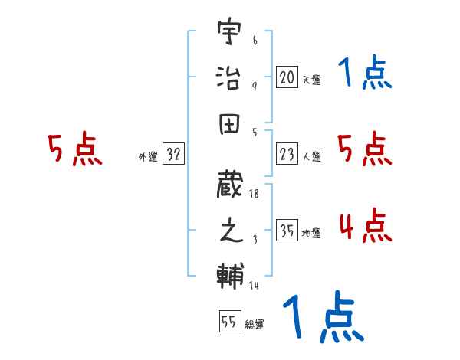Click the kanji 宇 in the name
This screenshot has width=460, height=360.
coord(230,34)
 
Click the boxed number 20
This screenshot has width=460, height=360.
coord(287,77)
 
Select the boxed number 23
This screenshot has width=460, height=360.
coord(287,155)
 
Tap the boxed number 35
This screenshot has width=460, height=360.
coord(287,232)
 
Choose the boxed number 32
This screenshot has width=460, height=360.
coord(173,155)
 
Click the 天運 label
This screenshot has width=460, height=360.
coord(311,80)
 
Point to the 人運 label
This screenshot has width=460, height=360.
coord(311,157)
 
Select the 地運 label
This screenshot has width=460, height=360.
coord(311,234)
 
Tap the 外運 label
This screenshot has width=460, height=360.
coord(147,157)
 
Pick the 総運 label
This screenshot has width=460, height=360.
coord(254,323)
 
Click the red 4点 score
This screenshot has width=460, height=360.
coord(363,226)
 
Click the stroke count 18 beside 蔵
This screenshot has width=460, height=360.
coord(254,195)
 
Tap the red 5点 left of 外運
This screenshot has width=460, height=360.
coord(74,150)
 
